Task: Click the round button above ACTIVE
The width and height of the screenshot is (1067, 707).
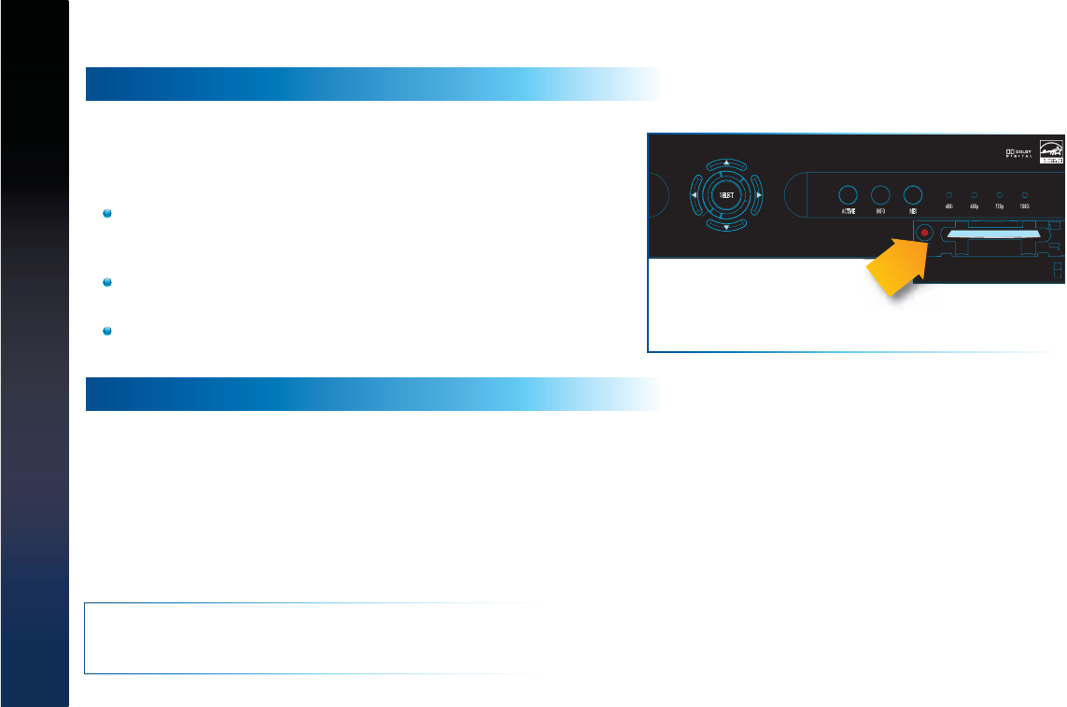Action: [x=848, y=195]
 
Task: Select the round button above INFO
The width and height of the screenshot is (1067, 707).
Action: [x=880, y=195]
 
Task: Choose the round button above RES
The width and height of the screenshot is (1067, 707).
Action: [x=913, y=195]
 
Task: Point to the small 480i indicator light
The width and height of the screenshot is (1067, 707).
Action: [x=949, y=194]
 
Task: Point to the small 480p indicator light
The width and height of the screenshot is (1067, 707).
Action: [x=975, y=194]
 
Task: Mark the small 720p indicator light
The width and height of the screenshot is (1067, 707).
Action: [x=1000, y=194]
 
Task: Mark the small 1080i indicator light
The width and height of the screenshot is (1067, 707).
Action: [x=1025, y=194]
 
